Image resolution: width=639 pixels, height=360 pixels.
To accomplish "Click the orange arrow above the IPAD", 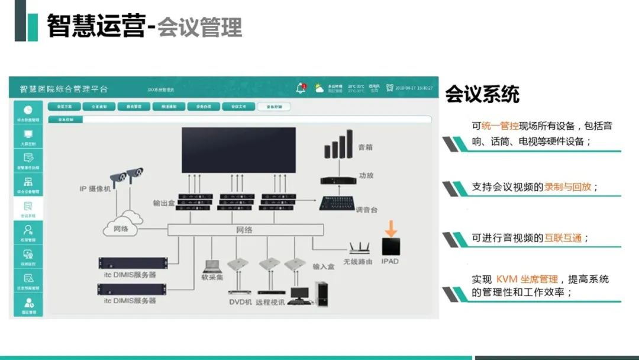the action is [x=391, y=228].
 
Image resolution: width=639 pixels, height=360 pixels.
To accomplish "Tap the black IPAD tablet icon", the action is [x=390, y=246].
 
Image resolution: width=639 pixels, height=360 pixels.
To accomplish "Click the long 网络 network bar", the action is [x=245, y=230].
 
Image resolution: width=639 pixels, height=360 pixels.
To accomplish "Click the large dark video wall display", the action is [x=238, y=150].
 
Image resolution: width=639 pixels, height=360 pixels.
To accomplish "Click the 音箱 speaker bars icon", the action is [x=338, y=146].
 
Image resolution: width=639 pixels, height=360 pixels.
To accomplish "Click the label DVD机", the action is [x=240, y=302].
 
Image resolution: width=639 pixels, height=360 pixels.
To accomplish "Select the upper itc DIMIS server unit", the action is [x=132, y=263].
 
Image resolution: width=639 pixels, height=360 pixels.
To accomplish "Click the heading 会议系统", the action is [x=482, y=94].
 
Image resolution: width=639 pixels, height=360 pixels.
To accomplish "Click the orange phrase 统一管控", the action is [x=501, y=126].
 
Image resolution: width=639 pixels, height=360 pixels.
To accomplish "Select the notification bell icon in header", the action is [x=301, y=88].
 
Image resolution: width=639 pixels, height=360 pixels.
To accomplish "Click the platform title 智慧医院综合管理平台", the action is [x=64, y=89].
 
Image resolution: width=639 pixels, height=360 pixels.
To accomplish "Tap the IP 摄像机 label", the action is [x=95, y=189].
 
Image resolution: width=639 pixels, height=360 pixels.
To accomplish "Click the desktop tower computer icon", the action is [x=322, y=292].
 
